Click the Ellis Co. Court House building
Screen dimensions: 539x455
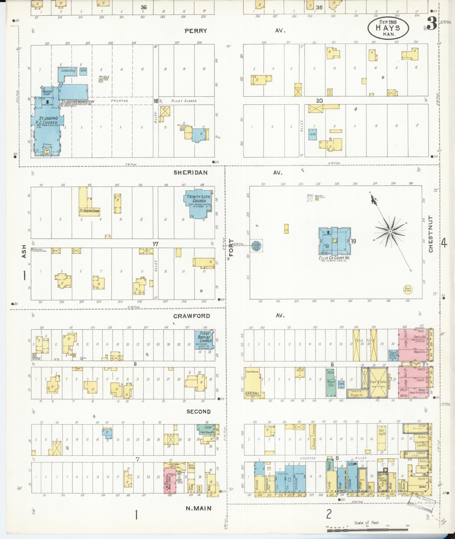coord(335,241)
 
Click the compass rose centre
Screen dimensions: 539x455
coord(390,231)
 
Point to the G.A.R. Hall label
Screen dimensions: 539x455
coord(253,393)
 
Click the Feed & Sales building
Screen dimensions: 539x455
coord(378,382)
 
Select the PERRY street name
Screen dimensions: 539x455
coord(195,31)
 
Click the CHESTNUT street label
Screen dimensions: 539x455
coord(431,234)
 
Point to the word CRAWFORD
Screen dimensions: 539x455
coord(192,316)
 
